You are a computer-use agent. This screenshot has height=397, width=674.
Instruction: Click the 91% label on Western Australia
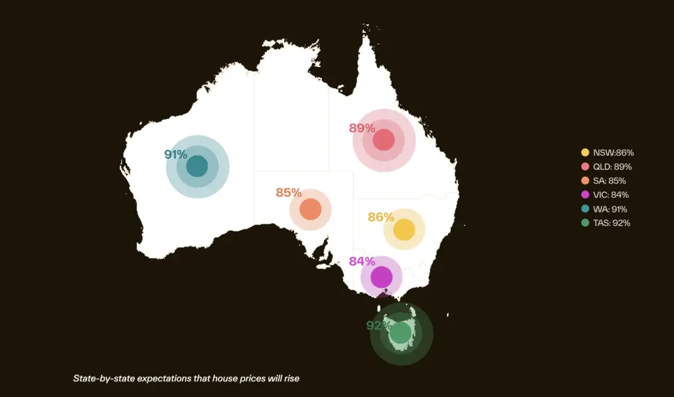pyautogui.click(x=176, y=154)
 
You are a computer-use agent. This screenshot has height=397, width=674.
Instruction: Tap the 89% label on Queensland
pyautogui.click(x=361, y=128)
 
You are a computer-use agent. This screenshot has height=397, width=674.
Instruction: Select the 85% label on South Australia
pyautogui.click(x=288, y=193)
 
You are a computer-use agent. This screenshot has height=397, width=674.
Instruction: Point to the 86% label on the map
pyautogui.click(x=380, y=217)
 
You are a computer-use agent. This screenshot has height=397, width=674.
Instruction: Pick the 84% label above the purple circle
pyautogui.click(x=361, y=261)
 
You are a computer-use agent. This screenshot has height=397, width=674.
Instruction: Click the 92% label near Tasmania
pyautogui.click(x=378, y=325)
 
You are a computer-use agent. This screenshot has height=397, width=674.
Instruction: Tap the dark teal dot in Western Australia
pyautogui.click(x=197, y=166)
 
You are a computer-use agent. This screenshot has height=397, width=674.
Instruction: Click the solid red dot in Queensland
pyautogui.click(x=383, y=140)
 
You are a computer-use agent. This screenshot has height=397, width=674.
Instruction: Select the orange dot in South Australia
pyautogui.click(x=310, y=210)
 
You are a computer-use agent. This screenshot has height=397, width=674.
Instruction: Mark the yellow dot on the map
pyautogui.click(x=403, y=229)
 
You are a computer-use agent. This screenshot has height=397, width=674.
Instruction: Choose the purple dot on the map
pyautogui.click(x=381, y=277)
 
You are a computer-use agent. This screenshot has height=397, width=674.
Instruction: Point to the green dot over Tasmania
pyautogui.click(x=400, y=333)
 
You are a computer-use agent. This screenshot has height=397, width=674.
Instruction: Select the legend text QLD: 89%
pyautogui.click(x=612, y=167)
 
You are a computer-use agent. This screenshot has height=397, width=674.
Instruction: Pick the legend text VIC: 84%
pyautogui.click(x=610, y=195)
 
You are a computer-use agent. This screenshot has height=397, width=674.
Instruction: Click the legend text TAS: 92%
pyautogui.click(x=611, y=223)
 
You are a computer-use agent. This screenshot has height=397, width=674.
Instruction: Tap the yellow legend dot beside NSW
pyautogui.click(x=584, y=152)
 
